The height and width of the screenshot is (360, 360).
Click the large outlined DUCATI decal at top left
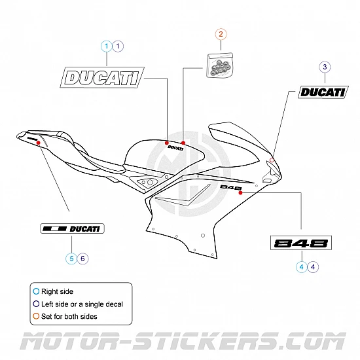tap(102, 78)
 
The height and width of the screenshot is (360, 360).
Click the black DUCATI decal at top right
tap(321, 92)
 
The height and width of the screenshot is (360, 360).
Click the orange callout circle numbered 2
tap(221, 34)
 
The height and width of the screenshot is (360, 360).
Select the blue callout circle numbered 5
tap(70, 258)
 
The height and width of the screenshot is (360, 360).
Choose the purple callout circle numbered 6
tap(82, 258)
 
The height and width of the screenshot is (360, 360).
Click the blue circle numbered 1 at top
tap(106, 46)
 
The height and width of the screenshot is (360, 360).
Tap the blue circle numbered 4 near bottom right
tap(301, 266)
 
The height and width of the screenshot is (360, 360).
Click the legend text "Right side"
tap(58, 291)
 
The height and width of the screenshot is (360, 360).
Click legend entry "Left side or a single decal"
tap(82, 304)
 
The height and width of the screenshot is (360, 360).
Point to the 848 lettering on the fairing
tap(231, 187)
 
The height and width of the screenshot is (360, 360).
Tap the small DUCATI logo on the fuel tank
tap(175, 148)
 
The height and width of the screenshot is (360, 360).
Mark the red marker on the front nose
tap(272, 159)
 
